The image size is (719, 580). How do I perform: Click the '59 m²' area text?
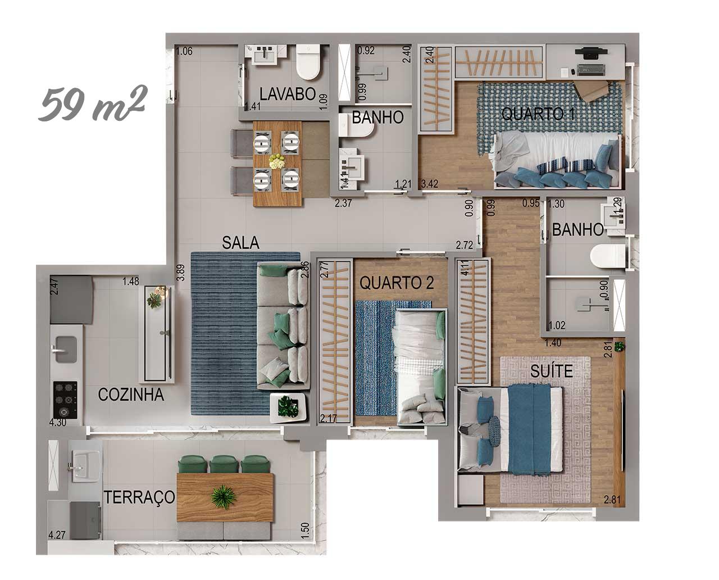(92, 103)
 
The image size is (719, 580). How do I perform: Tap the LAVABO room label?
(288, 94)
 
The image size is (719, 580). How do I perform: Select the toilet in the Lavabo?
(308, 62)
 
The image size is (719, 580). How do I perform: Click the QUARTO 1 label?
(538, 114)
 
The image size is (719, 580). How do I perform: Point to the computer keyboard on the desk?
(591, 69)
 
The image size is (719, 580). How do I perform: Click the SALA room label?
(240, 243)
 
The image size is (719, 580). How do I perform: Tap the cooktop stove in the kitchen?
(65, 400)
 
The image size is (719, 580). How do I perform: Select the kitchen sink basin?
(66, 350)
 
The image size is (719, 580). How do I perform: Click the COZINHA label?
(131, 395)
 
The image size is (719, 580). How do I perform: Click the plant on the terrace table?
(224, 496)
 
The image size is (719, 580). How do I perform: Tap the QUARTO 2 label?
(397, 283)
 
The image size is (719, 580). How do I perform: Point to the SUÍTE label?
(552, 371)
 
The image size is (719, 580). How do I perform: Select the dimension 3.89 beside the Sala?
(181, 273)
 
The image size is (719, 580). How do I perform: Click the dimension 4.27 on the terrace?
(57, 535)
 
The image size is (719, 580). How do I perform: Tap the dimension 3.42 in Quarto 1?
(430, 184)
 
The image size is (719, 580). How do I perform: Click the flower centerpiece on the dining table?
(277, 161)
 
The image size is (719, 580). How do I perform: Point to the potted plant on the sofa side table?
(288, 406)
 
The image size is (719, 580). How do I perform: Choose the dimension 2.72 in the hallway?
(465, 245)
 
